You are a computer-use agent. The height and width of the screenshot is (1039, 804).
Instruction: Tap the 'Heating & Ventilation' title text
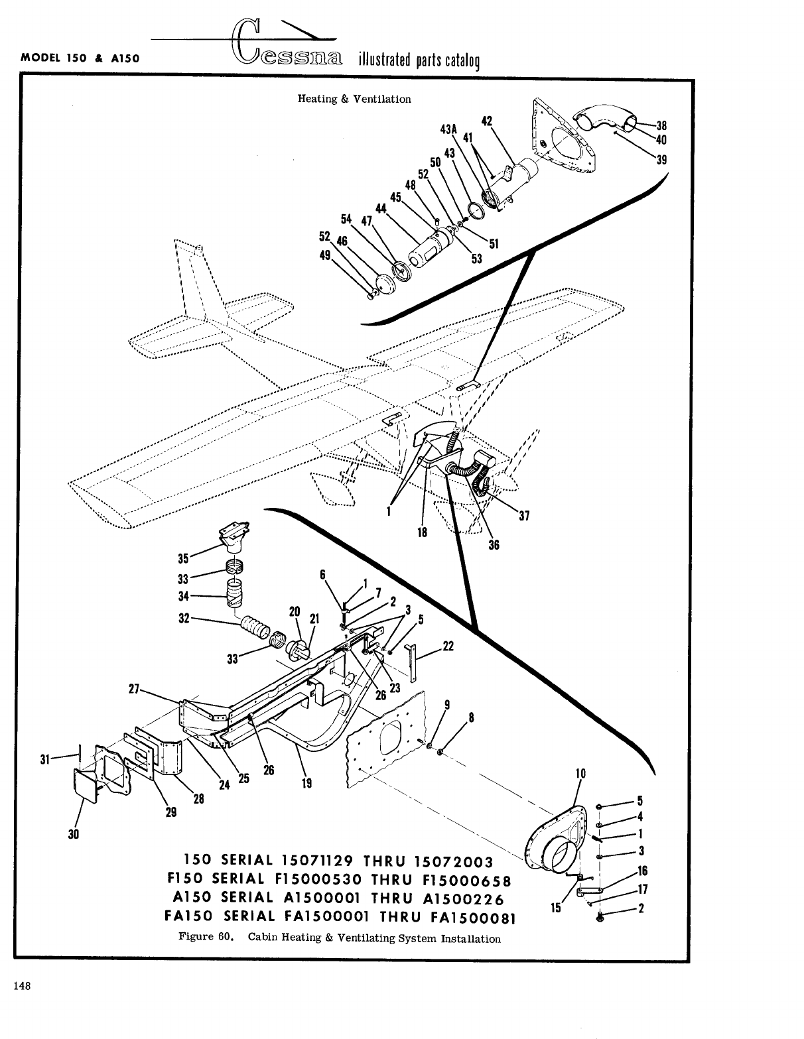(354, 99)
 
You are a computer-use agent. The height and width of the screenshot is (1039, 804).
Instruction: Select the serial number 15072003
(453, 862)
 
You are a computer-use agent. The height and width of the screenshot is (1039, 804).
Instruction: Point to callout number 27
(134, 689)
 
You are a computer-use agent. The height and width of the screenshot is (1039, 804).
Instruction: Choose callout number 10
(581, 773)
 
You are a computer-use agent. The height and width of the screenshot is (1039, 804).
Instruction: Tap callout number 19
(306, 783)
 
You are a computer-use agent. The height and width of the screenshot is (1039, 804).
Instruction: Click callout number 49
(325, 255)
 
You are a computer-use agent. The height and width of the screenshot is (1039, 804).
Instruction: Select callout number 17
(642, 890)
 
